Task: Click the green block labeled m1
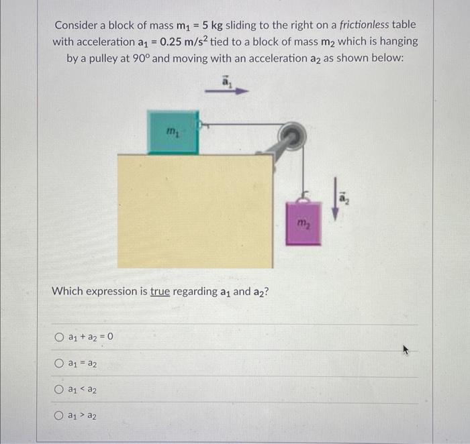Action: [173, 133]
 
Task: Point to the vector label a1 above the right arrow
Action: [226, 80]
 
